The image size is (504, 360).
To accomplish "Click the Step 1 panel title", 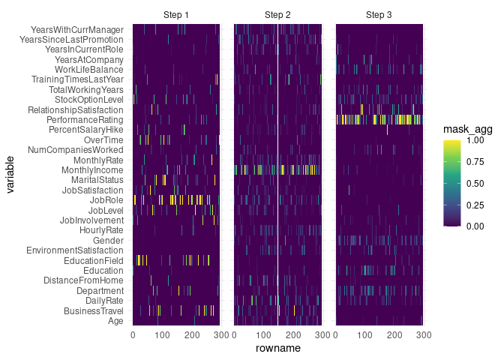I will pyautogui.click(x=176, y=15).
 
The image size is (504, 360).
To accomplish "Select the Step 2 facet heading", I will pyautogui.click(x=277, y=15).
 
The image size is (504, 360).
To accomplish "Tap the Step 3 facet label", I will pyautogui.click(x=379, y=15).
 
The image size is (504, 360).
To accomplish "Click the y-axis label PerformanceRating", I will pyautogui.click(x=84, y=120).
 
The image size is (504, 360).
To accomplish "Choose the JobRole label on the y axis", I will pyautogui.click(x=106, y=200).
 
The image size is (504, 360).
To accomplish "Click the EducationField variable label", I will pyautogui.click(x=88, y=260).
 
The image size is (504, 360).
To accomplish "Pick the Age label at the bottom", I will pyautogui.click(x=115, y=321).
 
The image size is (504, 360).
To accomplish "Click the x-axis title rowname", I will pyautogui.click(x=277, y=349).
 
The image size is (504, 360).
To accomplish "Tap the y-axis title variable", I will pyautogui.click(x=10, y=175).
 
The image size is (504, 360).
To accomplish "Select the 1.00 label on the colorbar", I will pyautogui.click(x=474, y=139).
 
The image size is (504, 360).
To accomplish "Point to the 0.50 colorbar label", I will pyautogui.click(x=474, y=182).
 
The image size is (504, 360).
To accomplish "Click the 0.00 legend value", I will pyautogui.click(x=474, y=225).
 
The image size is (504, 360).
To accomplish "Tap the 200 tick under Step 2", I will pyautogui.click(x=292, y=334).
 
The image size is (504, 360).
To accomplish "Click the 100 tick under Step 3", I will pyautogui.click(x=364, y=334).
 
